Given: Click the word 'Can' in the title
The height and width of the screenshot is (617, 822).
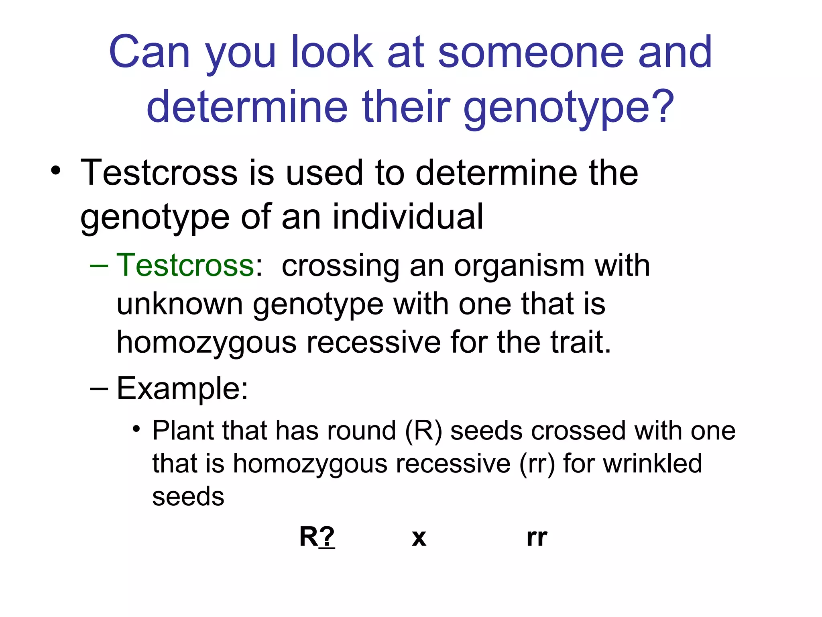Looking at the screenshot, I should click(x=149, y=52).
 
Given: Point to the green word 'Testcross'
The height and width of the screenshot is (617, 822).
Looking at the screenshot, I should click(x=185, y=266).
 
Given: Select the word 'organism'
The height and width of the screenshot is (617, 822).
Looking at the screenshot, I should click(x=519, y=266).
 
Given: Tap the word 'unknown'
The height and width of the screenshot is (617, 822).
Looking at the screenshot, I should click(x=180, y=304).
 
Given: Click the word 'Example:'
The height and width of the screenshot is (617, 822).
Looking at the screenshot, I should click(x=183, y=388).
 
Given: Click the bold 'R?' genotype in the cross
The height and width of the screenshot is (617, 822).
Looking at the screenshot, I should click(x=317, y=537).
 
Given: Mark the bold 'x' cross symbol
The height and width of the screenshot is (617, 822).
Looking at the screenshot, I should click(x=419, y=538).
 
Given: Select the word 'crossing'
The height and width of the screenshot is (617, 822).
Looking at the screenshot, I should click(x=340, y=266).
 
